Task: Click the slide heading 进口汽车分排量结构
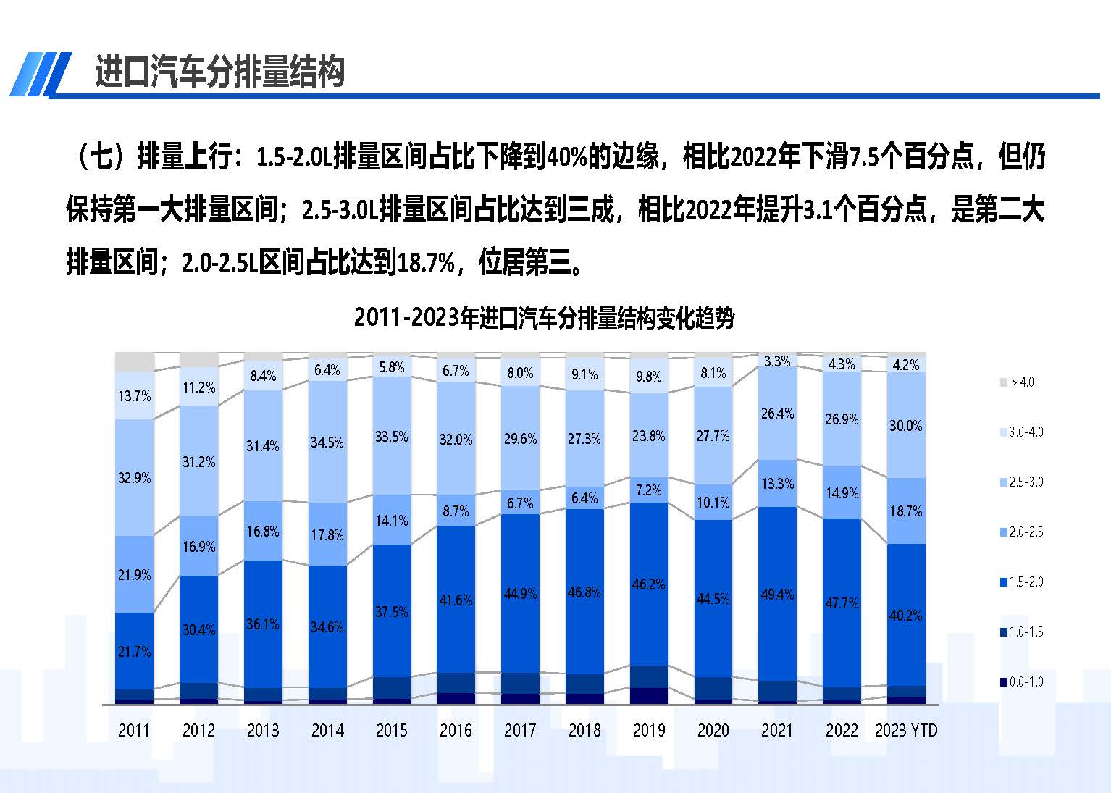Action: tap(219, 72)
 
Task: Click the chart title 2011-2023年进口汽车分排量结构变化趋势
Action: tap(544, 318)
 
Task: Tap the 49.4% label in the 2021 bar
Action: tap(777, 595)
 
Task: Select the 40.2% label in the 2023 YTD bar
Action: tap(905, 616)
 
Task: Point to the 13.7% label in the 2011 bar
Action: tap(135, 396)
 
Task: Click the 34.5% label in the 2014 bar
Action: tap(327, 442)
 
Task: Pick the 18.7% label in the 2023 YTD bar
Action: tap(905, 511)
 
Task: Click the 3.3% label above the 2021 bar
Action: tap(777, 361)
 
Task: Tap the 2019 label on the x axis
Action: tap(648, 730)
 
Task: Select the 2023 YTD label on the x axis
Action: tap(905, 730)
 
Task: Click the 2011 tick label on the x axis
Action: tap(134, 730)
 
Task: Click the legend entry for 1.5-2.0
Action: tap(1022, 582)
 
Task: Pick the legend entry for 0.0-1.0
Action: tap(1022, 682)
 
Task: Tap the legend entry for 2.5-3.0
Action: tap(1022, 482)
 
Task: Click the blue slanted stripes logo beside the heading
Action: tap(41, 74)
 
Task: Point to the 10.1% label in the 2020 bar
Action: tap(713, 503)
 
